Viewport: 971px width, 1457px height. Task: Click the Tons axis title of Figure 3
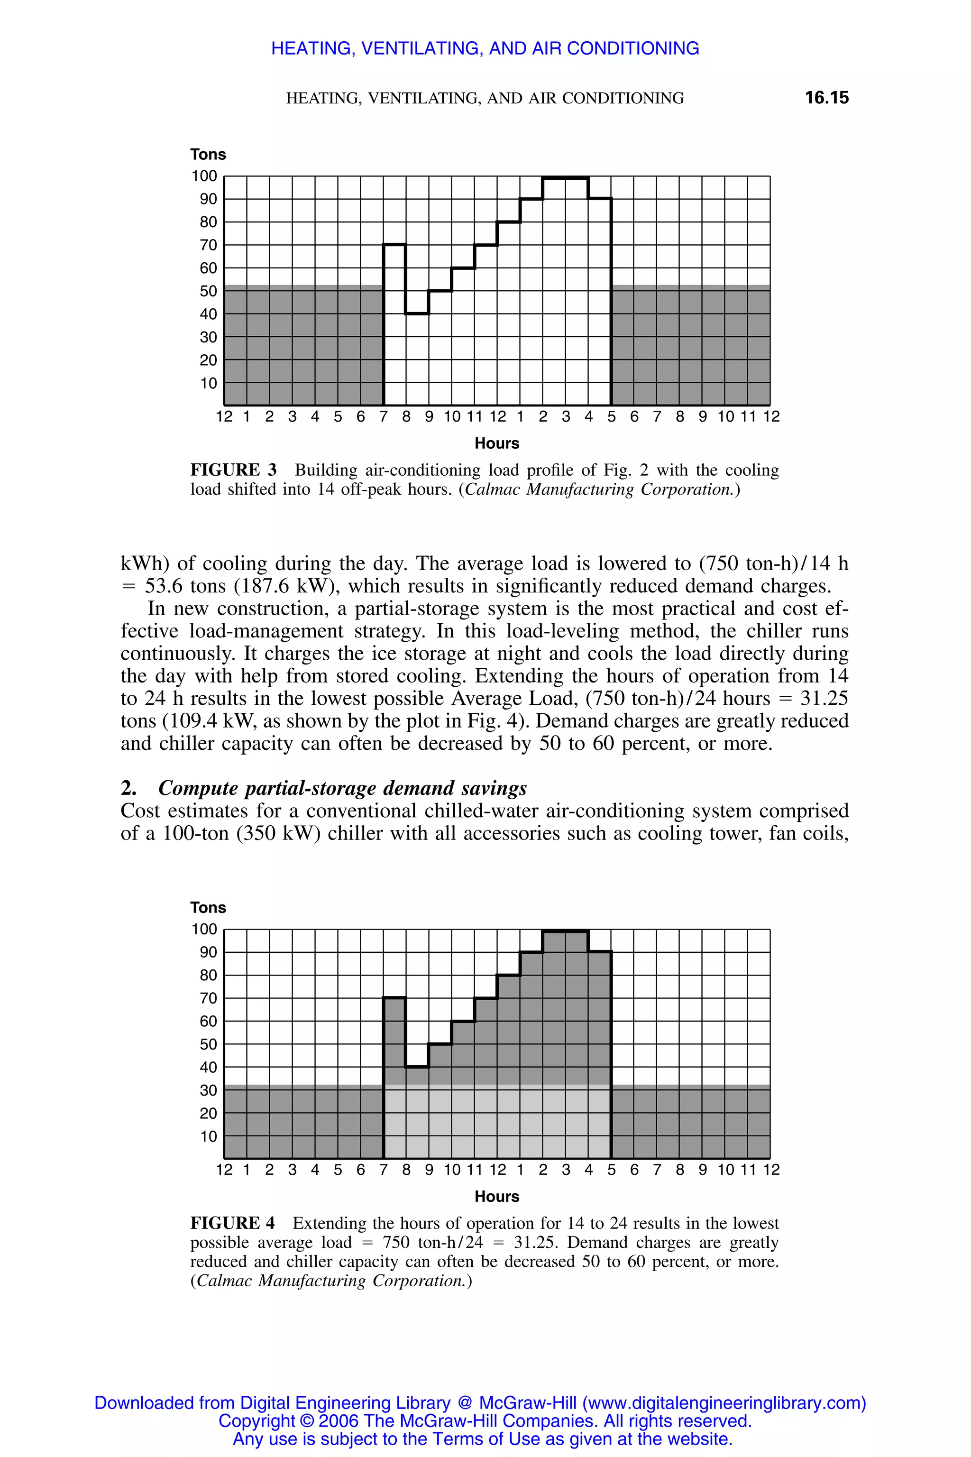(208, 154)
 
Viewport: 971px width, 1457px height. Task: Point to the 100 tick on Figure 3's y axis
(204, 176)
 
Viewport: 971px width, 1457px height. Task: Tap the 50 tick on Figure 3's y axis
(208, 291)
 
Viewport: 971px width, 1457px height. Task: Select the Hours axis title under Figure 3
(497, 443)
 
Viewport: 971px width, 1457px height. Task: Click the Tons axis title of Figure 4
(208, 907)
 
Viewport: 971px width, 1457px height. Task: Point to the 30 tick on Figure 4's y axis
(208, 1090)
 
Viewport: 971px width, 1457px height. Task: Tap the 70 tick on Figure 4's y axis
(208, 998)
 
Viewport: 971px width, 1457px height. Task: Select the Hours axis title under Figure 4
(497, 1197)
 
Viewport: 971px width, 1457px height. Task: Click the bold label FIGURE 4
(232, 1224)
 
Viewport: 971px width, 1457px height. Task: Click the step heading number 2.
(128, 789)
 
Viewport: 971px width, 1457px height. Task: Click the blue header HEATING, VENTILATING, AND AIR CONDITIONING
(485, 48)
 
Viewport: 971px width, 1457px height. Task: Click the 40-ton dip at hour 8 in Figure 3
(417, 314)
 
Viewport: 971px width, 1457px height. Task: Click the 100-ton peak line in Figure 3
(565, 178)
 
